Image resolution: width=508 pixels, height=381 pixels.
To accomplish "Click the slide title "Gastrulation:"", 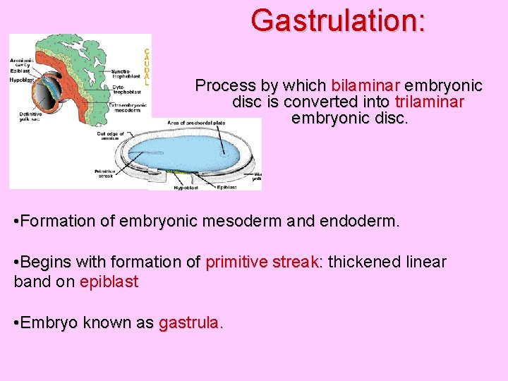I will [x=338, y=20].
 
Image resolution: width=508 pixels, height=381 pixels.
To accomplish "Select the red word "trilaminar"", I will [x=429, y=102].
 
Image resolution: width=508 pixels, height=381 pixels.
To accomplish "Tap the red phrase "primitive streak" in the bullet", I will [x=262, y=262].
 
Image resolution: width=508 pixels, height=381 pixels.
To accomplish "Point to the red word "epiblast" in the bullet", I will [x=109, y=282].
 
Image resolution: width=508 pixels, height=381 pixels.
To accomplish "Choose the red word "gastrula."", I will [x=190, y=323].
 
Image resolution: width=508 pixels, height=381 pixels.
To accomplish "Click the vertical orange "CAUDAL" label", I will [x=146, y=67].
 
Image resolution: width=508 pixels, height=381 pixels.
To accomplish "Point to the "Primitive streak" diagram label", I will [x=104, y=174].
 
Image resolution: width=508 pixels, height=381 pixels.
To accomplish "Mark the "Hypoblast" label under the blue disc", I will [x=186, y=188].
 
